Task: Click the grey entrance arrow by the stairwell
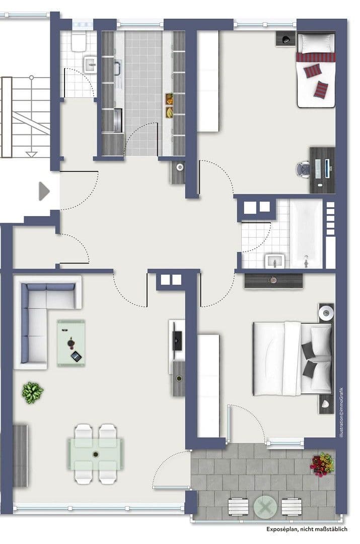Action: tap(44, 191)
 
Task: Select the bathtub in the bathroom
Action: tap(306, 233)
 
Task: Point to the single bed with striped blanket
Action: tap(316, 70)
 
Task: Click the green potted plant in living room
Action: tap(32, 391)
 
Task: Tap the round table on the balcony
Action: tap(266, 506)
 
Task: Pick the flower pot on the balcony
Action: tap(322, 464)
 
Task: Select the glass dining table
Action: tap(96, 453)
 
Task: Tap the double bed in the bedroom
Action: tap(292, 359)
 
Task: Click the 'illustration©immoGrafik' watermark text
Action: tap(341, 412)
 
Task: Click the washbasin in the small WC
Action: tap(91, 63)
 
